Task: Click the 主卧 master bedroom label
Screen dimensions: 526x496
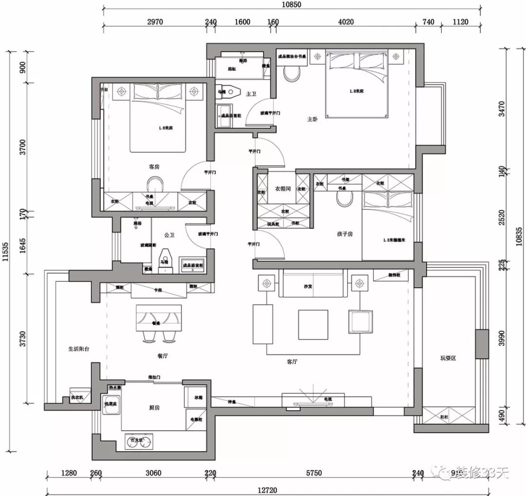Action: pyautogui.click(x=312, y=119)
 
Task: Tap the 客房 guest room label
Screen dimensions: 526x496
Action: pyautogui.click(x=154, y=166)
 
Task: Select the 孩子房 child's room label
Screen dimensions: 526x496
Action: pyautogui.click(x=344, y=234)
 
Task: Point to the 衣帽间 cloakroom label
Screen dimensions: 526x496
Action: pyautogui.click(x=283, y=188)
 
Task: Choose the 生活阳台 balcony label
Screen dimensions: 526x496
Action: pyautogui.click(x=79, y=349)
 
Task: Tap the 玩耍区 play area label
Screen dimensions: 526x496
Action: pyautogui.click(x=448, y=358)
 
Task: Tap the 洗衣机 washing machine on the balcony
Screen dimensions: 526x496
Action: pyautogui.click(x=77, y=398)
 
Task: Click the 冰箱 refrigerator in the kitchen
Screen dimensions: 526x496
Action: pyautogui.click(x=198, y=398)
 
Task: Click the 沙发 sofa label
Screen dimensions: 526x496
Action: pyautogui.click(x=308, y=287)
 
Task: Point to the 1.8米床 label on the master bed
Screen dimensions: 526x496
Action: pyautogui.click(x=357, y=91)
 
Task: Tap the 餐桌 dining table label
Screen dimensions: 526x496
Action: pyautogui.click(x=156, y=323)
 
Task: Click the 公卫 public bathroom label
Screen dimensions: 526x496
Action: pyautogui.click(x=169, y=235)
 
